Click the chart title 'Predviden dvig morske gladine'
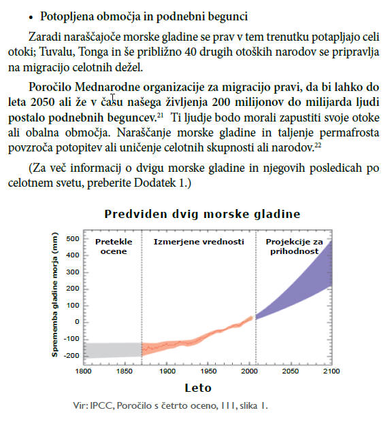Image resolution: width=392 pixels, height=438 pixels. (202, 215)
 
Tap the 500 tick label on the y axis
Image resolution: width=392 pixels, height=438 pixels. (73, 239)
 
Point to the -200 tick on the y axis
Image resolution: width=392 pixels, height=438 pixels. (71, 356)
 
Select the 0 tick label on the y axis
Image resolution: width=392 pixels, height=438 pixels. (77, 322)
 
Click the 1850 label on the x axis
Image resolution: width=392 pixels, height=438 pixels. (125, 371)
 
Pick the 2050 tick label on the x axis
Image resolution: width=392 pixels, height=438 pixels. (291, 371)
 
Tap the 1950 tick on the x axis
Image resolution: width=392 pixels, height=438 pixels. (208, 371)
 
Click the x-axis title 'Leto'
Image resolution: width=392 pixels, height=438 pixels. (198, 388)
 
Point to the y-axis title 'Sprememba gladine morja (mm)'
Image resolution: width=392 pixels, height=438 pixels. (54, 295)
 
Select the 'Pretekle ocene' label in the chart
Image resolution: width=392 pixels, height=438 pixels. (114, 247)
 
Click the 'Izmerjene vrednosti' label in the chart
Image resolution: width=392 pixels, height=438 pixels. (199, 242)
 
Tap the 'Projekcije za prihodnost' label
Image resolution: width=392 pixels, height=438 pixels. (294, 247)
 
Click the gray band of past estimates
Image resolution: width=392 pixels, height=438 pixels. (113, 350)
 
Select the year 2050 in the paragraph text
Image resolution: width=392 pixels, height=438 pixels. (42, 103)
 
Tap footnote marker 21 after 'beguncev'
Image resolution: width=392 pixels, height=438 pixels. (160, 115)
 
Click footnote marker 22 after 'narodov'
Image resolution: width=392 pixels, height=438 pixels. (318, 145)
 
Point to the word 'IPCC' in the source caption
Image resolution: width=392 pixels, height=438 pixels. (102, 405)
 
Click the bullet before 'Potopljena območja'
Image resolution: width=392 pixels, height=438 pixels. (31, 18)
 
